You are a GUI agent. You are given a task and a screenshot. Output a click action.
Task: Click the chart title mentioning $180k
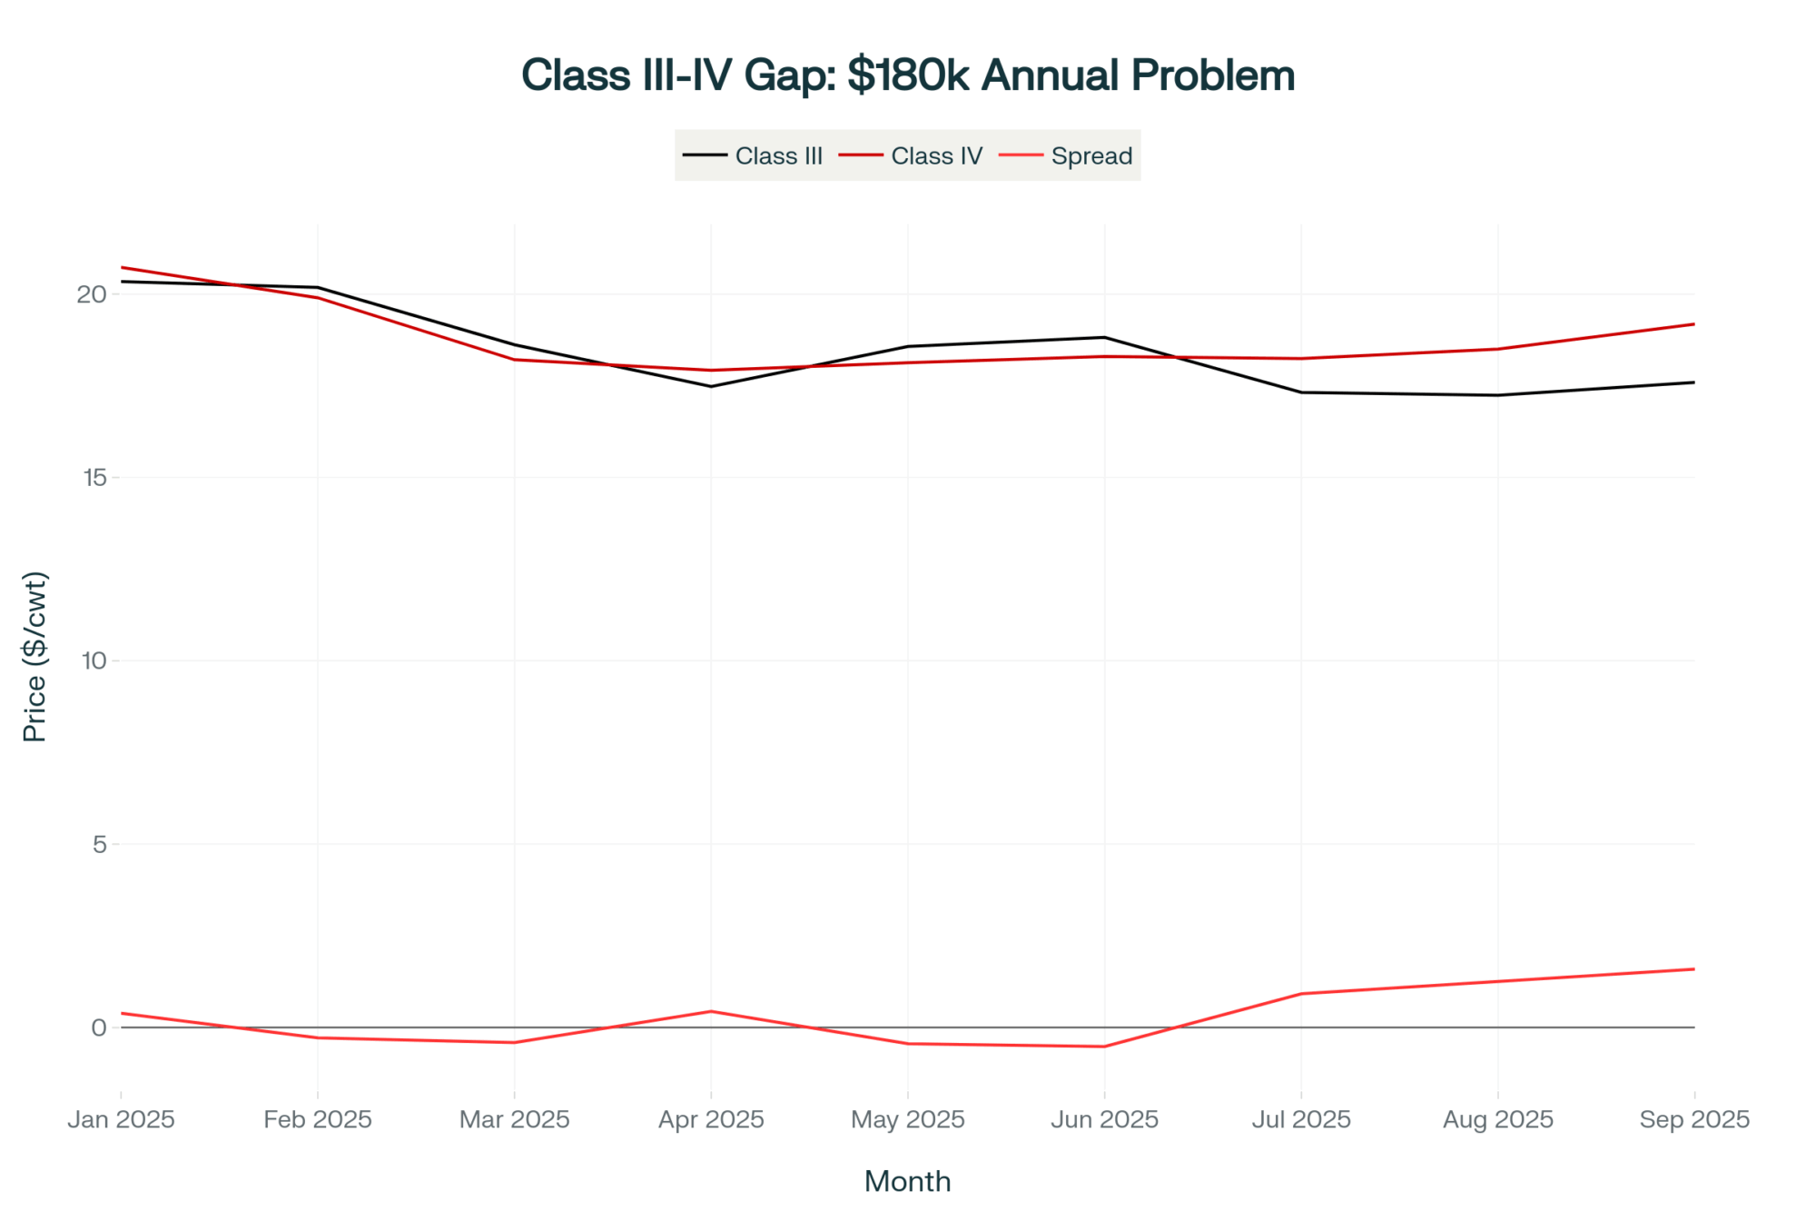[907, 75]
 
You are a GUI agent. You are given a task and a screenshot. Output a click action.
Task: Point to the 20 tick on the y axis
[92, 294]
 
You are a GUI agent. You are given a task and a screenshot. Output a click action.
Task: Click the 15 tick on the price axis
[94, 478]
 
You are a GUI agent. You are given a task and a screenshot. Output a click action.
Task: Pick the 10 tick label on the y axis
[94, 660]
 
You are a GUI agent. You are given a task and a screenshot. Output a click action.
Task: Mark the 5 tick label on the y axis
[99, 844]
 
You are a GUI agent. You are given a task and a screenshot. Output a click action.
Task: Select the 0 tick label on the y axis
[99, 1027]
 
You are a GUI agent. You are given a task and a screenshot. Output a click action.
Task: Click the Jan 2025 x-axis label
[121, 1119]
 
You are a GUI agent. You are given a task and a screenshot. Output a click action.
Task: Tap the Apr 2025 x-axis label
[711, 1119]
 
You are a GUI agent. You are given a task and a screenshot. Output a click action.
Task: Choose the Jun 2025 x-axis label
[1104, 1119]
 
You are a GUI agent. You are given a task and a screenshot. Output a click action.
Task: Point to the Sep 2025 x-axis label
[1694, 1119]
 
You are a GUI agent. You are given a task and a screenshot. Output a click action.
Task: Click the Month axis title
[907, 1181]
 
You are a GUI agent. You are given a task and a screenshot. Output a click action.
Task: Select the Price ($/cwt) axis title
[35, 657]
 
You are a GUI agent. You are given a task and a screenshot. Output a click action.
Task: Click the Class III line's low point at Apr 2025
[711, 386]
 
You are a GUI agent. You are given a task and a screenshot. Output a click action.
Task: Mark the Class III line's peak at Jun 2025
[1104, 337]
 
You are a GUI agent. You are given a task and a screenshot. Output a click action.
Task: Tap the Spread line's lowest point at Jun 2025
[1104, 1047]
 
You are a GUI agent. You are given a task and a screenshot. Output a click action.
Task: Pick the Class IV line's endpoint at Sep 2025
[1694, 324]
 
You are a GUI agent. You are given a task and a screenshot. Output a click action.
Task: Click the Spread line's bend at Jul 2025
[1301, 994]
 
